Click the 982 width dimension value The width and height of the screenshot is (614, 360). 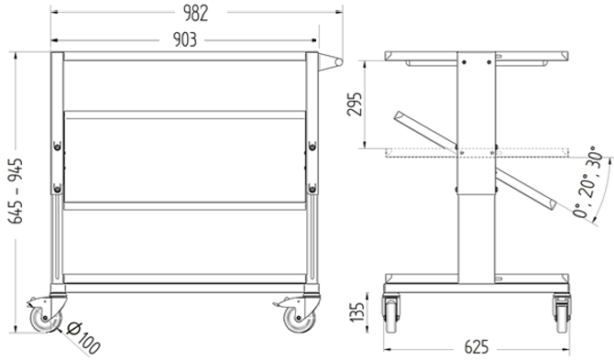point(196,13)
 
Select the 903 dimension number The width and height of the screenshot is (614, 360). point(185,39)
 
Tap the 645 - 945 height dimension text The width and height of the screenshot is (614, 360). point(16,191)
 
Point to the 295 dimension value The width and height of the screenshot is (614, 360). point(355,104)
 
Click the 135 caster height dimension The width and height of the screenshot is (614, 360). point(356,311)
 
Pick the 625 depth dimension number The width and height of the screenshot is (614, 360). point(477,347)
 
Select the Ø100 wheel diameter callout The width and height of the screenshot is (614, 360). point(83,338)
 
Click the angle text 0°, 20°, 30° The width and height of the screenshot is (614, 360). point(587,182)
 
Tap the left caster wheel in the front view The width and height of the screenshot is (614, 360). point(46,319)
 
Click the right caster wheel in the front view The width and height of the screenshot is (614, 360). point(299,319)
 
